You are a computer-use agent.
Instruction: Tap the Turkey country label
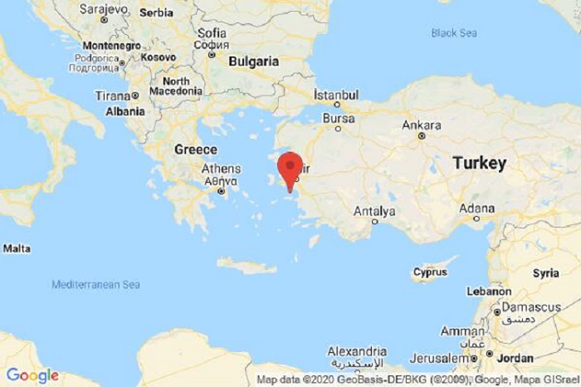click(x=479, y=164)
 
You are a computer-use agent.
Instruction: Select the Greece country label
click(x=196, y=149)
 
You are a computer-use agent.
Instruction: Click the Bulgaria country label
click(x=253, y=61)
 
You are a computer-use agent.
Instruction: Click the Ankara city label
click(x=421, y=125)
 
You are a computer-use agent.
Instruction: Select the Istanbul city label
click(x=336, y=94)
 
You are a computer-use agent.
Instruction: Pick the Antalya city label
click(x=374, y=212)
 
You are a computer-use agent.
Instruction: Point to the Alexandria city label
click(x=357, y=350)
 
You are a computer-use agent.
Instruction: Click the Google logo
click(x=32, y=375)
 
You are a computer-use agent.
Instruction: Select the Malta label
click(x=17, y=247)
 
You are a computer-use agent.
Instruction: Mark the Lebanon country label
click(x=487, y=291)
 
